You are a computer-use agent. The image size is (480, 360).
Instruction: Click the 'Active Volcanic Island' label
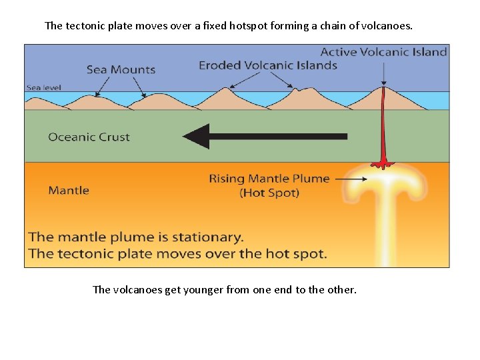[x=383, y=52]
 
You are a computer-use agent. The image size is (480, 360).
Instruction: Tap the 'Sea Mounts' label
[x=121, y=69]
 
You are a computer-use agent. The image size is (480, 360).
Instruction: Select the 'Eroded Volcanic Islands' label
[x=268, y=65]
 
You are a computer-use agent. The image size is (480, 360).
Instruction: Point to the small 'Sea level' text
[x=43, y=87]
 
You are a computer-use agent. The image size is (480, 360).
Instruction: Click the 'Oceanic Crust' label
[x=89, y=137]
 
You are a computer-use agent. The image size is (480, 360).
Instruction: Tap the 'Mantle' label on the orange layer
[x=69, y=191]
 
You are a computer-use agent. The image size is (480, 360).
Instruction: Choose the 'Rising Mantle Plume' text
[x=269, y=179]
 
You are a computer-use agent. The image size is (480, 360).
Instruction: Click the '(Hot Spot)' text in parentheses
[x=269, y=193]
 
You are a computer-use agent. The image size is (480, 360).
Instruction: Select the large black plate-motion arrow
[x=265, y=136]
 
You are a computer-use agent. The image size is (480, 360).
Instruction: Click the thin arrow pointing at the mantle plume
[x=351, y=179]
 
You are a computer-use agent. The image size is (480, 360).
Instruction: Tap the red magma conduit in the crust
[x=384, y=130]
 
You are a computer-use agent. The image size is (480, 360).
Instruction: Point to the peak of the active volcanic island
[x=384, y=87]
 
